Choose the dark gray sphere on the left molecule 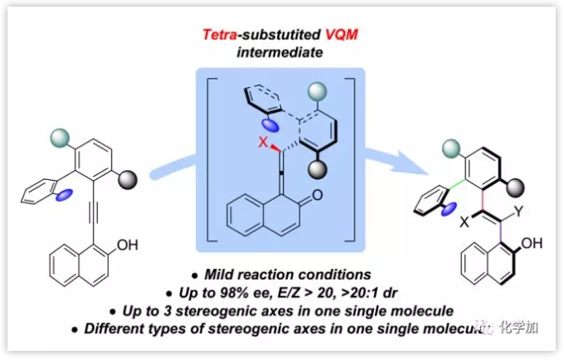pyautogui.click(x=128, y=176)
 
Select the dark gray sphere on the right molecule pyautogui.click(x=520, y=184)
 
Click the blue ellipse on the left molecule pyautogui.click(x=66, y=194)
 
